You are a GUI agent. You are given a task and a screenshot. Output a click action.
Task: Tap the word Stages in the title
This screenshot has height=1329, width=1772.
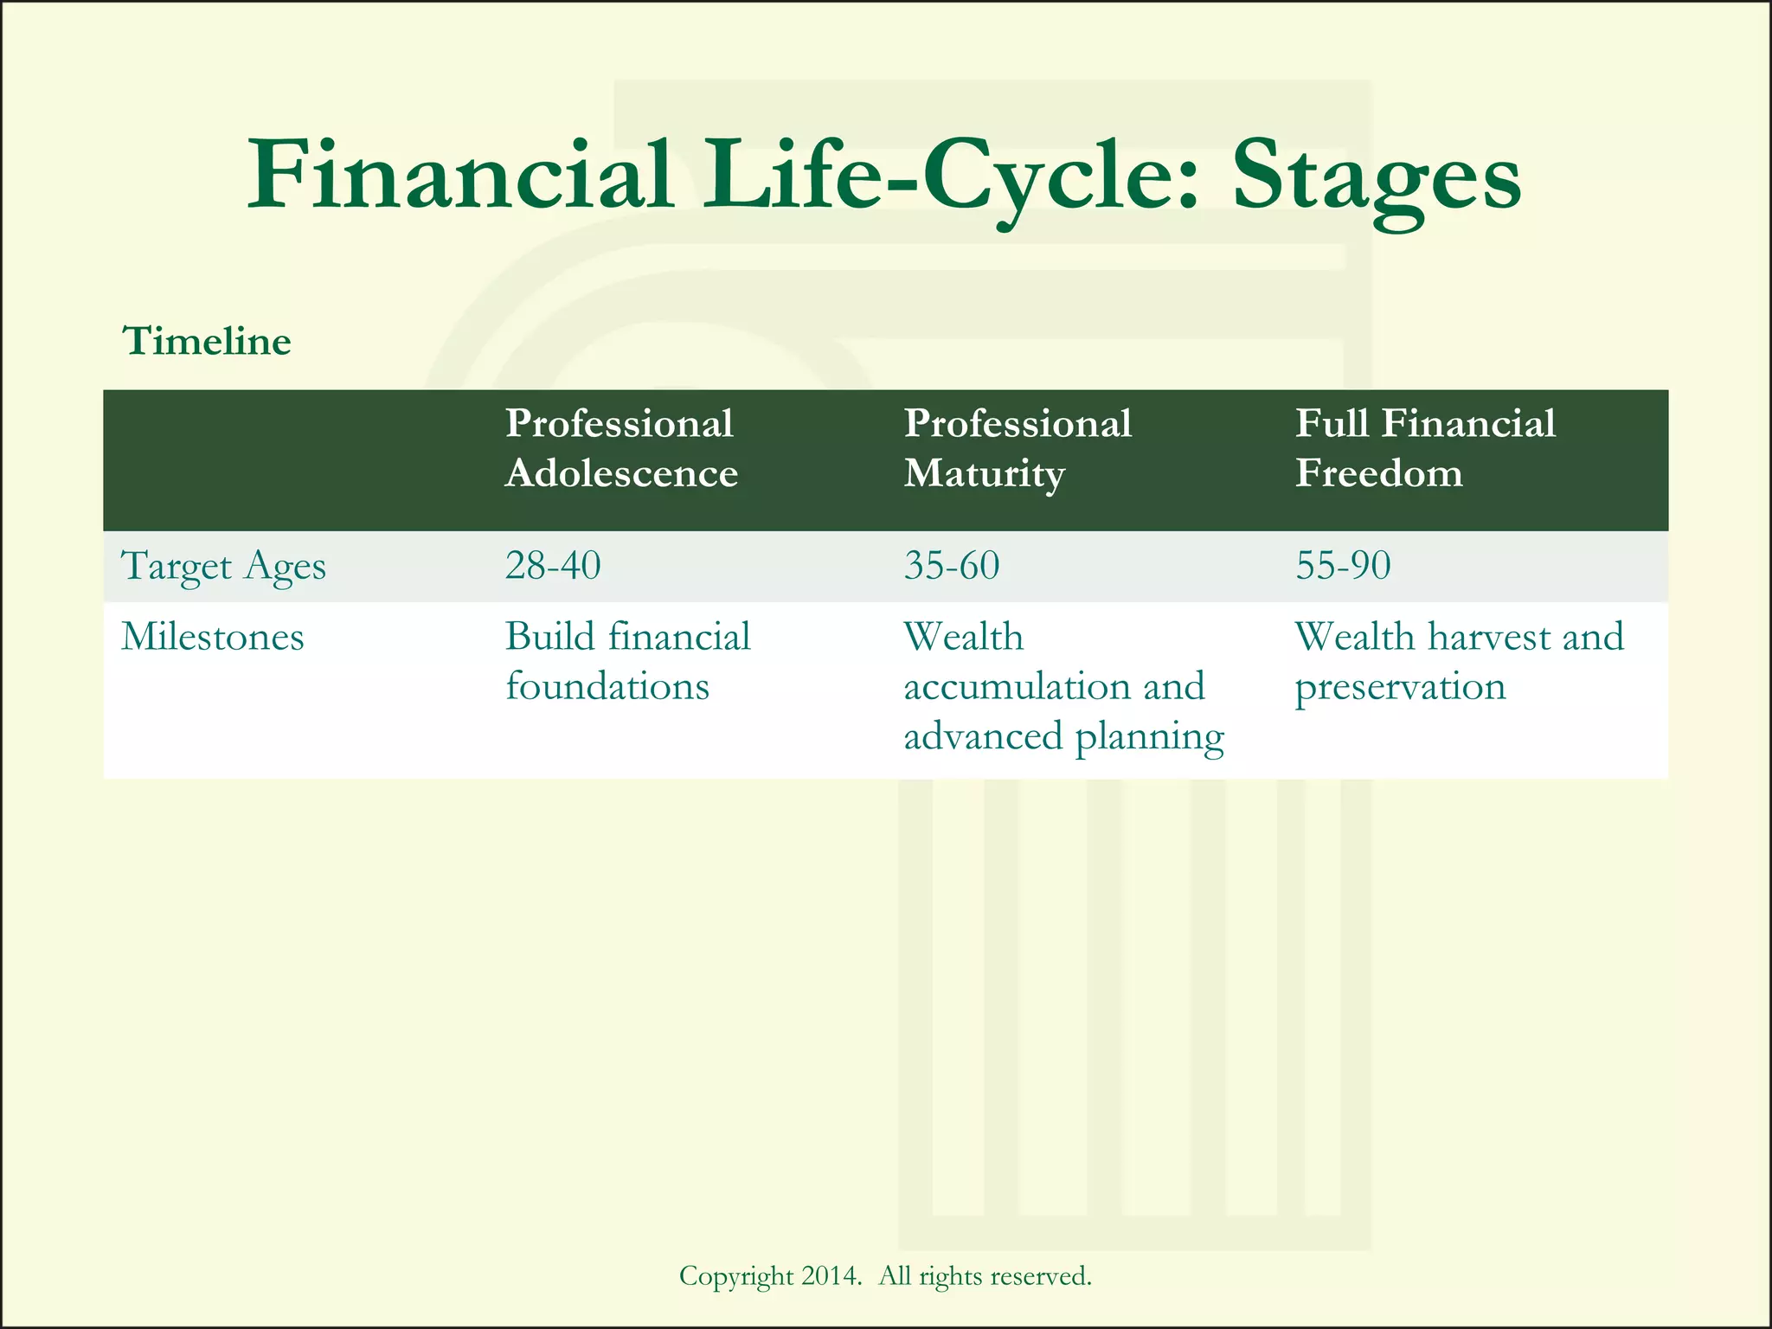tap(1376, 177)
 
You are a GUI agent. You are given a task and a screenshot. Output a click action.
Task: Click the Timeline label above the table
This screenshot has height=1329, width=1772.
tap(207, 341)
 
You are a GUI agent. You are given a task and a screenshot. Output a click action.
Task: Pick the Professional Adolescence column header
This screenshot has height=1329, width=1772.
tap(620, 448)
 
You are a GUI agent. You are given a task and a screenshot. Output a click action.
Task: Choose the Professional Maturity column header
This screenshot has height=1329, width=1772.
tap(1018, 448)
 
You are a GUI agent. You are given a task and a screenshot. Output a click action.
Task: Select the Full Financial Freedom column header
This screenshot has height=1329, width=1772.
tap(1424, 448)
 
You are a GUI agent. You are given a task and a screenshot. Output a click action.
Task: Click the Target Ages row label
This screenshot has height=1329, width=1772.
tap(224, 567)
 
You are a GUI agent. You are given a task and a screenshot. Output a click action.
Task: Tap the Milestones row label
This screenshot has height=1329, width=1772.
tap(213, 638)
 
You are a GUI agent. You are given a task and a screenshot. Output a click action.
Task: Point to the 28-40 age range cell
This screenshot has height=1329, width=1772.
tap(553, 566)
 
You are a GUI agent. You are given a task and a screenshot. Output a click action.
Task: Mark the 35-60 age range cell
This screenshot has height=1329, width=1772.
tap(952, 566)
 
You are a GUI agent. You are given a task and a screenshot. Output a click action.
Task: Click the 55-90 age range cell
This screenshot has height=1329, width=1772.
tap(1343, 566)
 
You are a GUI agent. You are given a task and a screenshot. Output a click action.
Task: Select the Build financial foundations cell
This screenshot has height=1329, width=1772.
tap(627, 662)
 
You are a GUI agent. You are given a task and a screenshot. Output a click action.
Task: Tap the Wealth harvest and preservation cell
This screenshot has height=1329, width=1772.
tap(1459, 662)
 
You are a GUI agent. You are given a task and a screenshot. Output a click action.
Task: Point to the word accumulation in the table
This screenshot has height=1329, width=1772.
tap(1017, 687)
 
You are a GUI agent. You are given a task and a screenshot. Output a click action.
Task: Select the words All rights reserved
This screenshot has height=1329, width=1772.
tap(985, 1276)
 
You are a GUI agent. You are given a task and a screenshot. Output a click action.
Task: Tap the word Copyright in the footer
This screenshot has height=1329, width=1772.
tap(736, 1276)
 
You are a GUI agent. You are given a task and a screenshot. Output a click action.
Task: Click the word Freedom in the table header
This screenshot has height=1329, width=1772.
tap(1378, 473)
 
